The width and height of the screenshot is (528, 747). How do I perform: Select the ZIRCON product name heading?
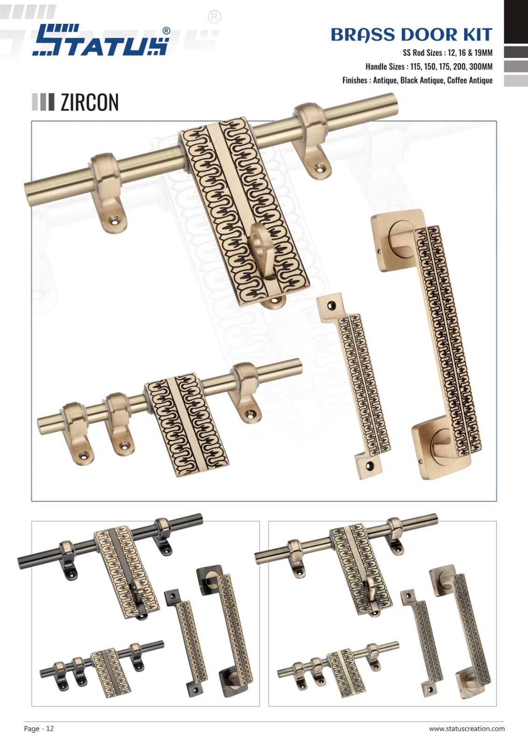[x=89, y=102]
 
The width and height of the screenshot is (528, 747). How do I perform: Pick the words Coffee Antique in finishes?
[x=470, y=80]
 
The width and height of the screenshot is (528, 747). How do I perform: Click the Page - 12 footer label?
[x=39, y=728]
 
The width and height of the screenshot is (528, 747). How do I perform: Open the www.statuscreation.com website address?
[x=467, y=729]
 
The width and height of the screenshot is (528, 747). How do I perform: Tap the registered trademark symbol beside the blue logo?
[x=166, y=31]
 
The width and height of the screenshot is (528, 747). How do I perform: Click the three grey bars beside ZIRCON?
[x=43, y=102]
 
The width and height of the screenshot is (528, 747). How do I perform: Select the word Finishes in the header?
[x=355, y=80]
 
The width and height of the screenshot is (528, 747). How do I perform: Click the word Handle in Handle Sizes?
[x=376, y=67]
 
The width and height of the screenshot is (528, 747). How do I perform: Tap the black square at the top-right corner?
[x=516, y=21]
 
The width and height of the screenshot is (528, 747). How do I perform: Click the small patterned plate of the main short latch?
[x=186, y=424]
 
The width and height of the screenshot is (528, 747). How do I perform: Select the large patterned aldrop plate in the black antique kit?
[x=127, y=571]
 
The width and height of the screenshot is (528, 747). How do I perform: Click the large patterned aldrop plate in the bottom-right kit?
[x=361, y=571]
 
